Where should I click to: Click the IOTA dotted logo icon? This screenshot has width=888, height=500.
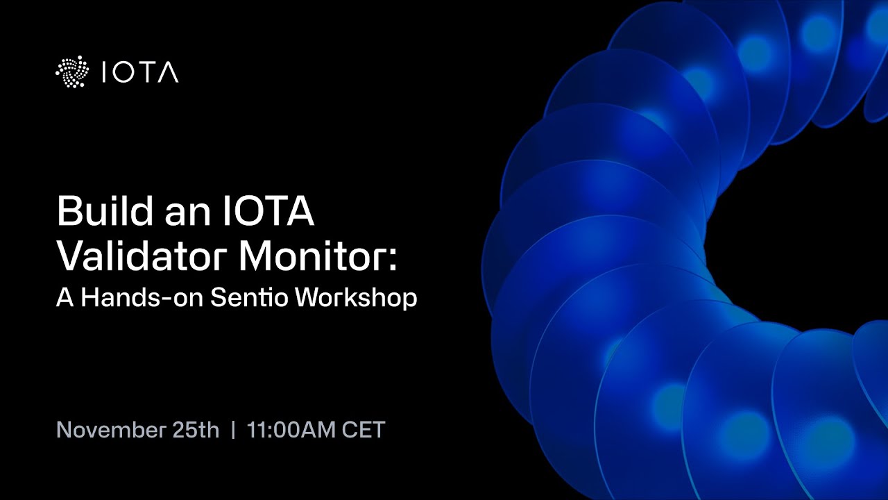pyautogui.click(x=73, y=72)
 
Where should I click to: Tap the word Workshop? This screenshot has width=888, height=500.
pyautogui.click(x=356, y=299)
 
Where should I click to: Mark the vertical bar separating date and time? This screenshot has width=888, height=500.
pyautogui.click(x=233, y=430)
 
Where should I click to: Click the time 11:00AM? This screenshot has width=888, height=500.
pyautogui.click(x=291, y=430)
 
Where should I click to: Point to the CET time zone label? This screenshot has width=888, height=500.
pyautogui.click(x=364, y=430)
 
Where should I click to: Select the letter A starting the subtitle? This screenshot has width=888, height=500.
pyautogui.click(x=65, y=297)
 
